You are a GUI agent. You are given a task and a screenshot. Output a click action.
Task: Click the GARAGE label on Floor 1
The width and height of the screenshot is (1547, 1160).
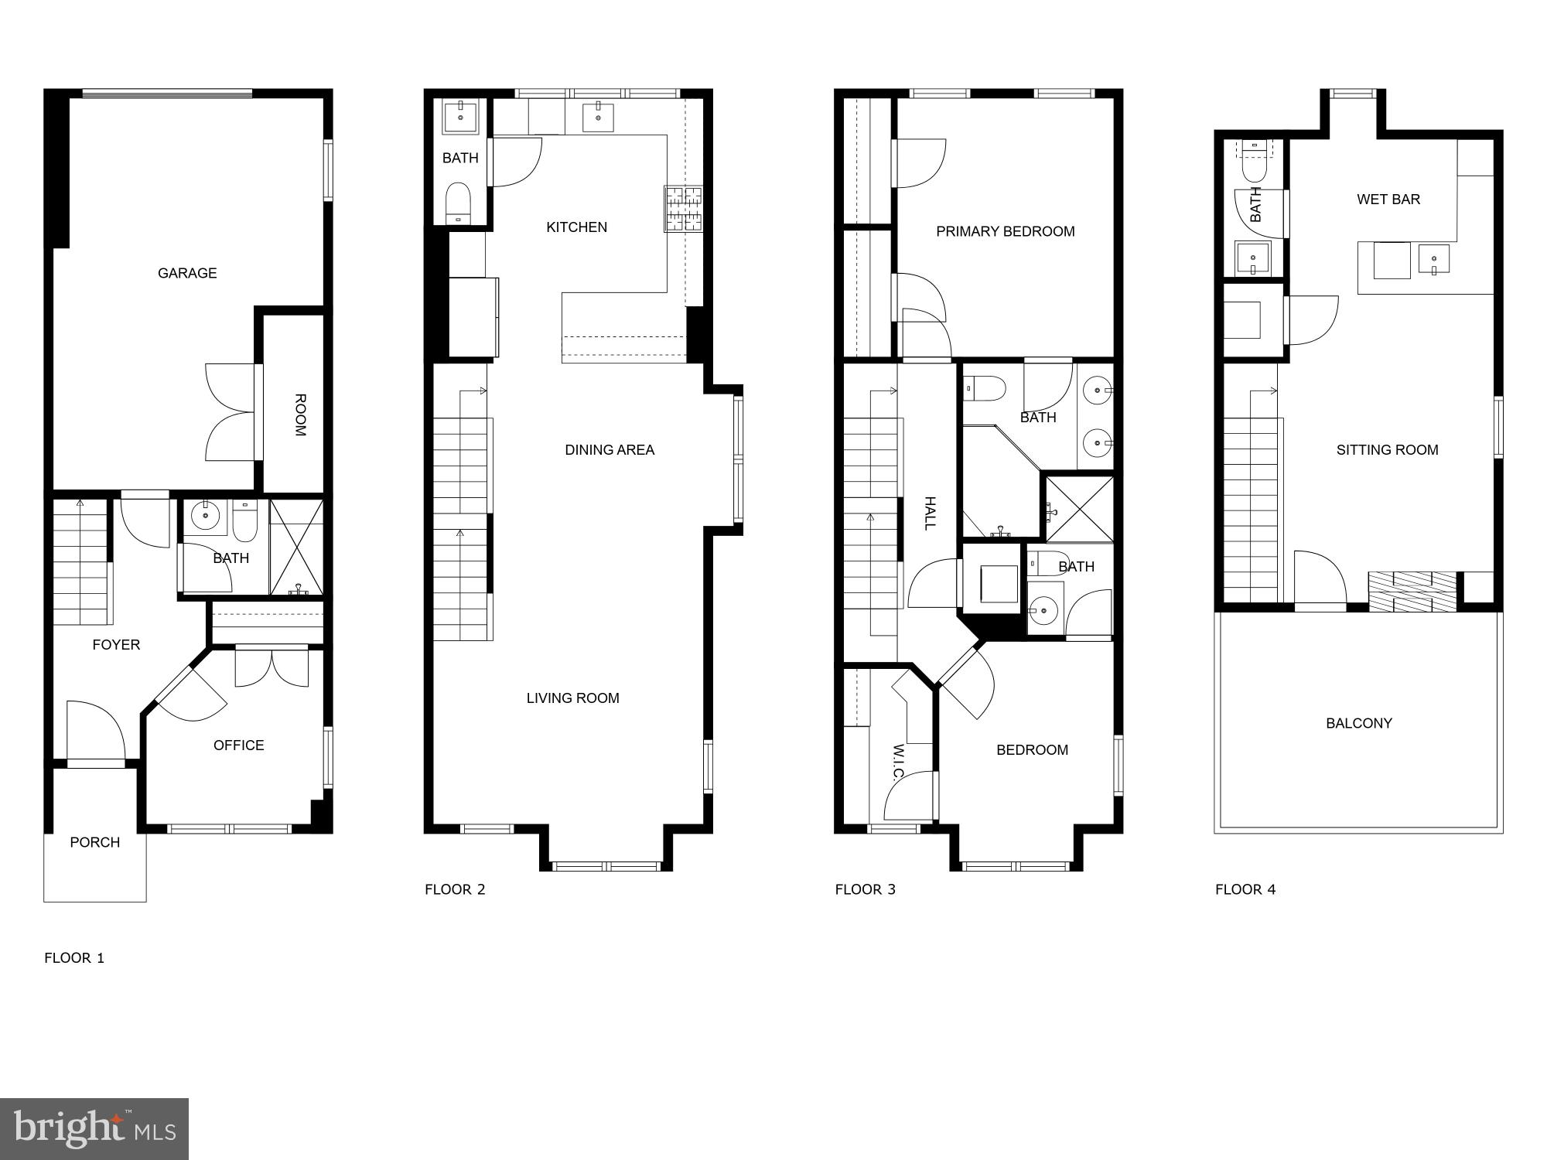click(x=187, y=273)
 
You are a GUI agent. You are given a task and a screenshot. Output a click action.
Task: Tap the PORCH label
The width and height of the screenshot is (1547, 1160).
click(x=94, y=842)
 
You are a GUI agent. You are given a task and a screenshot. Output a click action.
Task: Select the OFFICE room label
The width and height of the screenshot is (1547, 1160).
click(x=238, y=745)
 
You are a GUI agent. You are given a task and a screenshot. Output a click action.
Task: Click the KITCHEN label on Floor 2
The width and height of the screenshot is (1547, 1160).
click(x=576, y=227)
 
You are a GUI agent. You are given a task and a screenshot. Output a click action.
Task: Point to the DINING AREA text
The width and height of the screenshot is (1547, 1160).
click(x=610, y=449)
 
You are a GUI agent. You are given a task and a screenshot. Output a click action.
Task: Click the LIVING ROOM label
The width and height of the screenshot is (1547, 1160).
click(x=572, y=698)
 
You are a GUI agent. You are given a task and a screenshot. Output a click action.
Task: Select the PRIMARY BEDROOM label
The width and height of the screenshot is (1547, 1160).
click(x=1005, y=231)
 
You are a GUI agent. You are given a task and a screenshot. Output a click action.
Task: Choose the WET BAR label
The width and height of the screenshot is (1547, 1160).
click(x=1388, y=199)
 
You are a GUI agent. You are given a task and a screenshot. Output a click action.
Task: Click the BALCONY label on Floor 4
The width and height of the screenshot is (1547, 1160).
click(x=1358, y=723)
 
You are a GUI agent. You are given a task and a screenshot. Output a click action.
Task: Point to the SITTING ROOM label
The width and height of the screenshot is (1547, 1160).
click(x=1387, y=449)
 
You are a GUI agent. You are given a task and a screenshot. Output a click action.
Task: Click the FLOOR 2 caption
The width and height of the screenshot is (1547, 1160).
click(x=455, y=889)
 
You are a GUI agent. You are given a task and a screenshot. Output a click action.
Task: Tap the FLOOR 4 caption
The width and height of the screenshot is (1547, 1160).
click(x=1245, y=889)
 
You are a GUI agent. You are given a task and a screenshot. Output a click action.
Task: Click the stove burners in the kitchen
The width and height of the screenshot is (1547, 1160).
click(x=683, y=209)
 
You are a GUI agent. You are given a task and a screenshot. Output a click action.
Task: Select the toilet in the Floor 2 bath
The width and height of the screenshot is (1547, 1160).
click(x=459, y=202)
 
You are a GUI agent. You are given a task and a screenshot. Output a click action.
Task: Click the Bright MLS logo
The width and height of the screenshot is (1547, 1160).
click(x=94, y=1128)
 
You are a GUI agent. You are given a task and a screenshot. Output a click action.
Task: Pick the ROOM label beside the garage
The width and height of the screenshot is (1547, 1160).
click(x=299, y=415)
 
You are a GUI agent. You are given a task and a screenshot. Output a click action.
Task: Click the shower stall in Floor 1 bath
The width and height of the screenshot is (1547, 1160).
click(x=296, y=547)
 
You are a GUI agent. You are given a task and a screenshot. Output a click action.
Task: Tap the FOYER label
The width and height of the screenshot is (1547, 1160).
click(x=116, y=644)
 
